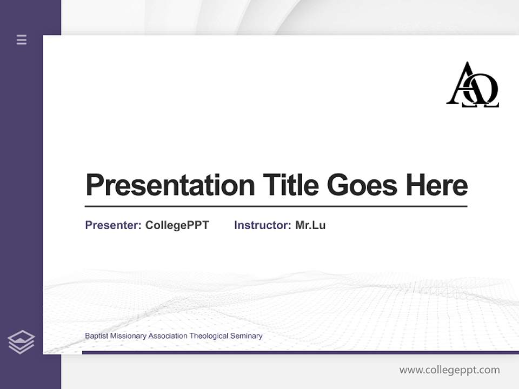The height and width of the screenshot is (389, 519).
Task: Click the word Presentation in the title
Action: tap(170, 186)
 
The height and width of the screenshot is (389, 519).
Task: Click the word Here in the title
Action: tap(437, 185)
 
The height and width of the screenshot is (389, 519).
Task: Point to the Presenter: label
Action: tap(113, 225)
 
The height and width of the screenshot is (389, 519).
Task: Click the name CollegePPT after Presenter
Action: tap(177, 225)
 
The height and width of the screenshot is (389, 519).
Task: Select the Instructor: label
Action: tap(262, 225)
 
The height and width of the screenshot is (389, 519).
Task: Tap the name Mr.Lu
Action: tap(310, 225)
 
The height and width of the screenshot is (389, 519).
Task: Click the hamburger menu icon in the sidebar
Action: tap(22, 39)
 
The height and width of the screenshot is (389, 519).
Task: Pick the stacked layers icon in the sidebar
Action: tap(21, 342)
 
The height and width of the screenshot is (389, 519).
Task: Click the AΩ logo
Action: tap(473, 85)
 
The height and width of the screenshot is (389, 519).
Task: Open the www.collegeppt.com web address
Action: tap(449, 370)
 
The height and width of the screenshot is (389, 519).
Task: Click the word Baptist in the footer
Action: tap(96, 336)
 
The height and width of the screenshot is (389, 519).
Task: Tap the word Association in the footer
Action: tap(168, 336)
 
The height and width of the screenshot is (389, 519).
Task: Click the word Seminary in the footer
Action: tap(247, 336)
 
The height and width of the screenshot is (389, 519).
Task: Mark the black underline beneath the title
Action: tap(276, 206)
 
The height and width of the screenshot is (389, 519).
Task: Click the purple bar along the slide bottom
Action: tap(300, 352)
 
